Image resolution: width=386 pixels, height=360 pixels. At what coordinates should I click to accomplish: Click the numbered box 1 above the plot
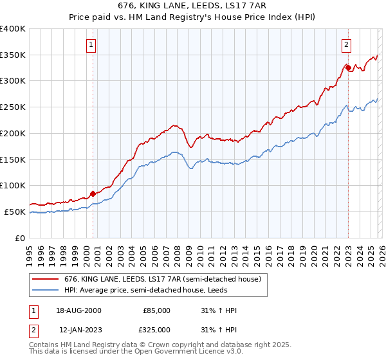pyautogui.click(x=91, y=45)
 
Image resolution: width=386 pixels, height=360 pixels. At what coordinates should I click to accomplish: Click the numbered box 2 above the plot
pyautogui.click(x=346, y=45)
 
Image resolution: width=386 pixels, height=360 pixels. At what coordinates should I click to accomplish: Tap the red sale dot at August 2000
pyautogui.click(x=93, y=193)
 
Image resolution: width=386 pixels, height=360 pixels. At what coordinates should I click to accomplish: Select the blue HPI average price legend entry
pyautogui.click(x=142, y=291)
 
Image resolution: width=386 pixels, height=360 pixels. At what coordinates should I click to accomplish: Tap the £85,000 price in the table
pyautogui.click(x=156, y=310)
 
